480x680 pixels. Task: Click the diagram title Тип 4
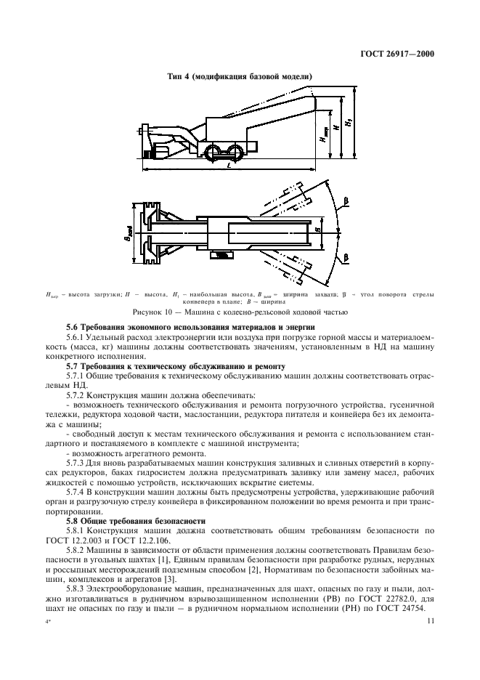click(240, 76)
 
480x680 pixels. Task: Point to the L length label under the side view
click(229, 167)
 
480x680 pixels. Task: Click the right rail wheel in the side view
click(235, 150)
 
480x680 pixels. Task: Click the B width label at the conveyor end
click(317, 232)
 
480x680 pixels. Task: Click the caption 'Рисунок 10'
click(240, 312)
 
